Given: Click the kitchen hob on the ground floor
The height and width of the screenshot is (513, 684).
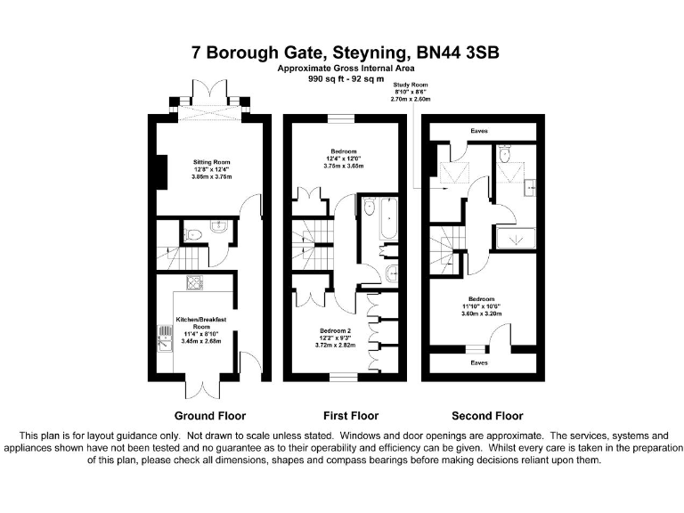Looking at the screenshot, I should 194,283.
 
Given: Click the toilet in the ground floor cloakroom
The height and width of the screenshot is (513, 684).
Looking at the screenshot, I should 194,234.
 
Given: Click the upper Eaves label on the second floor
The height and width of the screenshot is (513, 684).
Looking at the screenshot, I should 480,132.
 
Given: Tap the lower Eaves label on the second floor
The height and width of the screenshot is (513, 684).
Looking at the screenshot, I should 480,362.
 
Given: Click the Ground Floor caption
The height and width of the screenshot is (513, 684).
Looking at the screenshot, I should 210,415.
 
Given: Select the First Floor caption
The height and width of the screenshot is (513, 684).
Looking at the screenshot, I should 351,415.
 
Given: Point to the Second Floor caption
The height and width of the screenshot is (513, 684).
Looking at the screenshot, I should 487,415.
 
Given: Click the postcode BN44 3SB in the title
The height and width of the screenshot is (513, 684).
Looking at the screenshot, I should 459,53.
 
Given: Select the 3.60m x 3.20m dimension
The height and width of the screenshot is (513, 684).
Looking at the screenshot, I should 482,313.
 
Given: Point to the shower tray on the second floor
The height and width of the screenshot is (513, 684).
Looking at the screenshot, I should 516,239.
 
